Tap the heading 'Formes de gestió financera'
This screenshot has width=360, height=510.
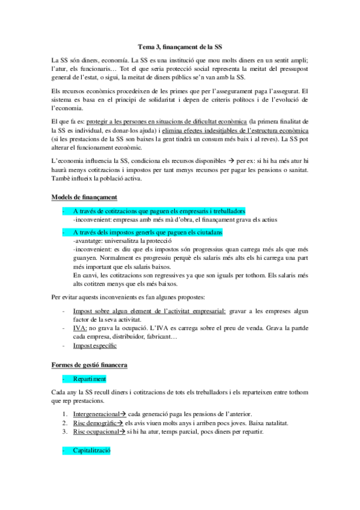pos(89,365)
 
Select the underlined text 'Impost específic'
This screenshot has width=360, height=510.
pos(95,346)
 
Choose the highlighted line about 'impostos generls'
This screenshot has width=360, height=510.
pos(148,232)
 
